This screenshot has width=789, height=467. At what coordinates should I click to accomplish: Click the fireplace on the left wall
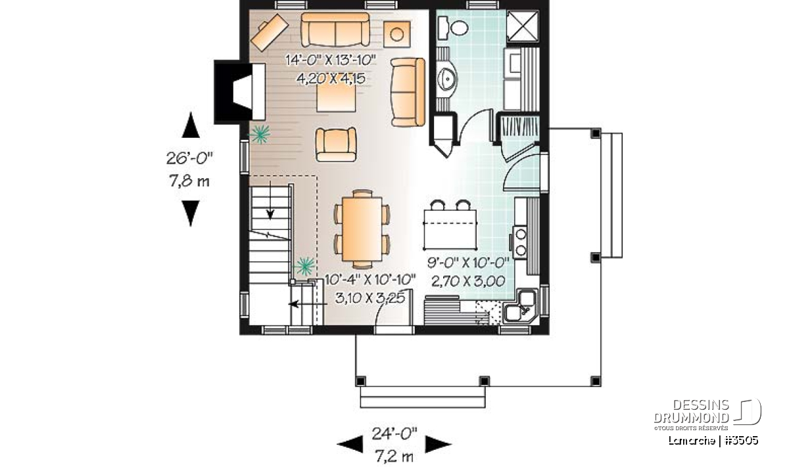pyautogui.click(x=239, y=92)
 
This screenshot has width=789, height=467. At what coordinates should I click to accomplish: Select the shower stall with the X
pyautogui.click(x=523, y=26)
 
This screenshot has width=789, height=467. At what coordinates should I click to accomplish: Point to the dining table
pyautogui.click(x=362, y=229)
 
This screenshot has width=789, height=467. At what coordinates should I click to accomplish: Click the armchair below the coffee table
pyautogui.click(x=336, y=145)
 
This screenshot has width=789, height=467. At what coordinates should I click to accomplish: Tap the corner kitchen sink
pyautogui.click(x=520, y=306)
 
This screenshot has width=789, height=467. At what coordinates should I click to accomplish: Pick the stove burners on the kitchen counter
pyautogui.click(x=520, y=242)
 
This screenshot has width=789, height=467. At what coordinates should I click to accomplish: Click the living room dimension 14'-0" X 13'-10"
pyautogui.click(x=331, y=60)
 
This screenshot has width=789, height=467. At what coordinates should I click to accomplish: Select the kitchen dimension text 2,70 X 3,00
pyautogui.click(x=468, y=282)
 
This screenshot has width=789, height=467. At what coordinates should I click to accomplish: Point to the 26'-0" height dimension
pyautogui.click(x=190, y=159)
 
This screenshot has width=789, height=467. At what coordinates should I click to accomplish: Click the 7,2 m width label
pyautogui.click(x=394, y=456)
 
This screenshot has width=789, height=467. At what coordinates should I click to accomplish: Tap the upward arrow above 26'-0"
pyautogui.click(x=191, y=125)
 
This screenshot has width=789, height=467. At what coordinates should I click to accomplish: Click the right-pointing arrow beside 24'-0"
pyautogui.click(x=438, y=444)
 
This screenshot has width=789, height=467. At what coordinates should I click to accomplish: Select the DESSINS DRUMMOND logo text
pyautogui.click(x=692, y=411)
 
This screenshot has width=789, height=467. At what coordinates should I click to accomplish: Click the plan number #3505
pyautogui.click(x=742, y=441)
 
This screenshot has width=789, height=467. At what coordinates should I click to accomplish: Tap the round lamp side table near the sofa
pyautogui.click(x=397, y=34)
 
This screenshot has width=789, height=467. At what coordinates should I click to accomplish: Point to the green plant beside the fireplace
pyautogui.click(x=260, y=134)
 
